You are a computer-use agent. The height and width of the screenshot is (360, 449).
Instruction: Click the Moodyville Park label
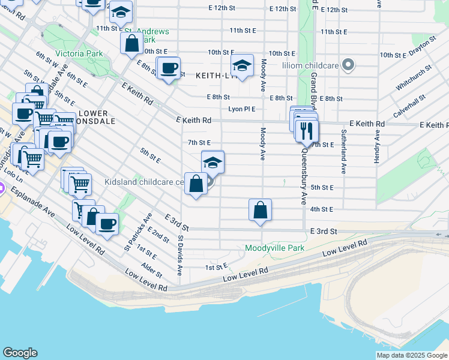[274, 248]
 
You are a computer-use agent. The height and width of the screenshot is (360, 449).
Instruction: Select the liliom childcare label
[310, 64]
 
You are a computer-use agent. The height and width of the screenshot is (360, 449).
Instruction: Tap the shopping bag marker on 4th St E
[260, 211]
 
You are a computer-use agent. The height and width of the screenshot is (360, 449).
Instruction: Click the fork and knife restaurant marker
[307, 130]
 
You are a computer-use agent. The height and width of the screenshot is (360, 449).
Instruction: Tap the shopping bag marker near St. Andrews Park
[131, 44]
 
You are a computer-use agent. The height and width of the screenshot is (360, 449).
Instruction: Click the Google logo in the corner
[20, 353]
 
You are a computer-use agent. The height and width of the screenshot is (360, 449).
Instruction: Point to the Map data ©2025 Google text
[412, 355]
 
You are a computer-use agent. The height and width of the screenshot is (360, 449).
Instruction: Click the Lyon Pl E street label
[242, 109]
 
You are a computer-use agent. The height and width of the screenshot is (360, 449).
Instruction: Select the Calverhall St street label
[410, 105]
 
